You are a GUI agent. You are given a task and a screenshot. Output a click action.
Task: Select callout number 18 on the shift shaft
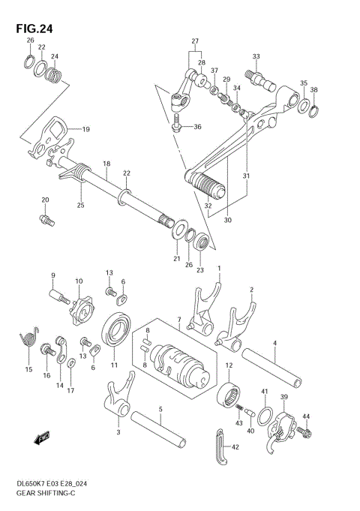click(x=106, y=164)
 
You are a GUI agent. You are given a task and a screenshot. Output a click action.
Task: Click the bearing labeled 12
click(x=231, y=395)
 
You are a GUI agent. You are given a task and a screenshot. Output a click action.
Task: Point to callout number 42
click(x=235, y=447)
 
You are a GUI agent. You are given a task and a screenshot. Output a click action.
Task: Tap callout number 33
click(x=256, y=56)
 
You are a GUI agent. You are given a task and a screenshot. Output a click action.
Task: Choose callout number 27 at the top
click(x=194, y=41)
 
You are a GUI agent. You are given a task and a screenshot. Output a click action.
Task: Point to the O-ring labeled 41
click(x=265, y=415)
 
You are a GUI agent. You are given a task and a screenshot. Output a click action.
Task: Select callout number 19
click(x=85, y=129)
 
